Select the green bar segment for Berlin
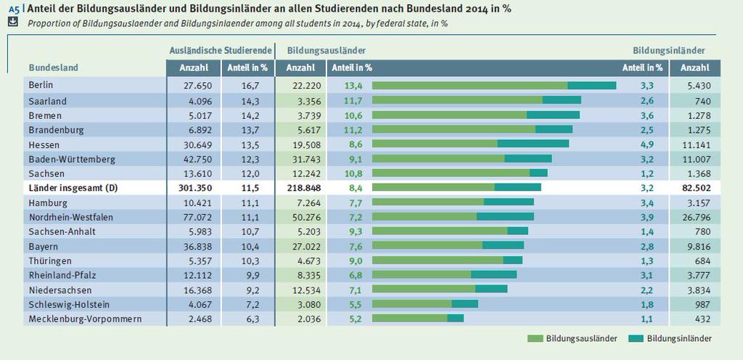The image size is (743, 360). (x=469, y=86)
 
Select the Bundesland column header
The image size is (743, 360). (x=53, y=67)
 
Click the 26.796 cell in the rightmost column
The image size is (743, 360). (x=695, y=216)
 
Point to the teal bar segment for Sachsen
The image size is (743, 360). (x=538, y=173)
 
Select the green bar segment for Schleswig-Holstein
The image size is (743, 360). (x=411, y=303)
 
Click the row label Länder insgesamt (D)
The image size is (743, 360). (x=73, y=187)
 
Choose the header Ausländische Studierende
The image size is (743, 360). (x=219, y=50)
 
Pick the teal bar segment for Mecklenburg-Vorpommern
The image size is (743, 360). (x=455, y=318)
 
